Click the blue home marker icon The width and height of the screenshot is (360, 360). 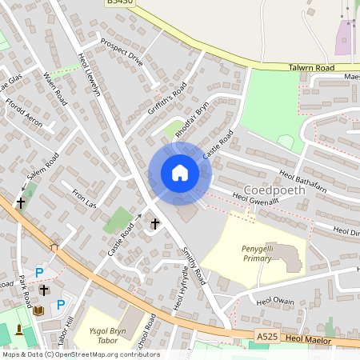point(179,173)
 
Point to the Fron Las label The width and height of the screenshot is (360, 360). point(84,199)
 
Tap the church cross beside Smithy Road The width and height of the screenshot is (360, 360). point(155,225)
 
